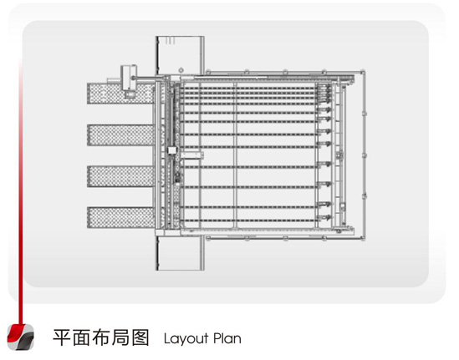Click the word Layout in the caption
click(x=186, y=339)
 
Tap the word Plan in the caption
click(x=227, y=338)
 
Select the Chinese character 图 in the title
click(x=140, y=337)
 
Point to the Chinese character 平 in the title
click(x=62, y=337)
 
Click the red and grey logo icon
click(x=21, y=337)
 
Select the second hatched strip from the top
click(x=120, y=135)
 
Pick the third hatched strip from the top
click(x=120, y=176)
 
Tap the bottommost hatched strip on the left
click(x=120, y=217)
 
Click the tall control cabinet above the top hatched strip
click(x=129, y=77)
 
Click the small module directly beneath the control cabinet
click(x=130, y=94)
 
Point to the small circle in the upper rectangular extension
click(x=181, y=70)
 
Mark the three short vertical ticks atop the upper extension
click(x=170, y=40)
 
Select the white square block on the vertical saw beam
click(x=172, y=150)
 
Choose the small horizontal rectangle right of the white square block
click(x=191, y=155)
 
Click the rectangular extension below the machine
click(x=180, y=253)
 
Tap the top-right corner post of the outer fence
click(x=363, y=72)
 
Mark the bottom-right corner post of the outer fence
click(x=363, y=239)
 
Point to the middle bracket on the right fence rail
click(x=365, y=155)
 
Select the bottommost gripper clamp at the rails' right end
click(x=324, y=217)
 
